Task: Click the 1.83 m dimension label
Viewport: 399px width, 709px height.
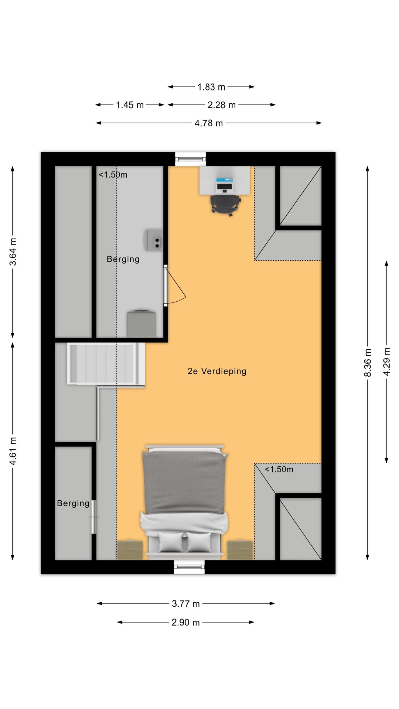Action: pyautogui.click(x=211, y=87)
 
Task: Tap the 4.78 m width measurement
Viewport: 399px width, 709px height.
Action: pyautogui.click(x=209, y=123)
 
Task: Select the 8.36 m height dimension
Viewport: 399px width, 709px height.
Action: pyautogui.click(x=368, y=363)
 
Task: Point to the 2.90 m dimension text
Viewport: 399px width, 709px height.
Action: pyautogui.click(x=185, y=622)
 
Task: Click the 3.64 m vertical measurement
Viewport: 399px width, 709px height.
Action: pyautogui.click(x=13, y=252)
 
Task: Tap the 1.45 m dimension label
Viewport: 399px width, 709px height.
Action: pyautogui.click(x=130, y=105)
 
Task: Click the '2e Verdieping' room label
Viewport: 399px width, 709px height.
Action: pyautogui.click(x=217, y=371)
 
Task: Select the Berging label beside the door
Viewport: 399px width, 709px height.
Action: pyautogui.click(x=123, y=259)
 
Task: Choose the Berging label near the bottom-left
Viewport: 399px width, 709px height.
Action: pyautogui.click(x=73, y=503)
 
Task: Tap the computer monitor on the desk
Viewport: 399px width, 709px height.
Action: pyautogui.click(x=224, y=184)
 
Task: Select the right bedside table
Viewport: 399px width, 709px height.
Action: pyautogui.click(x=240, y=550)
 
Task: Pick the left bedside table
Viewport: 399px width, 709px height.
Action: pyautogui.click(x=130, y=550)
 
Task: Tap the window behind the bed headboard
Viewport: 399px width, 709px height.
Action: pyautogui.click(x=189, y=567)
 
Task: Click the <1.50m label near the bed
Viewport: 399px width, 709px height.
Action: pyautogui.click(x=279, y=469)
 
